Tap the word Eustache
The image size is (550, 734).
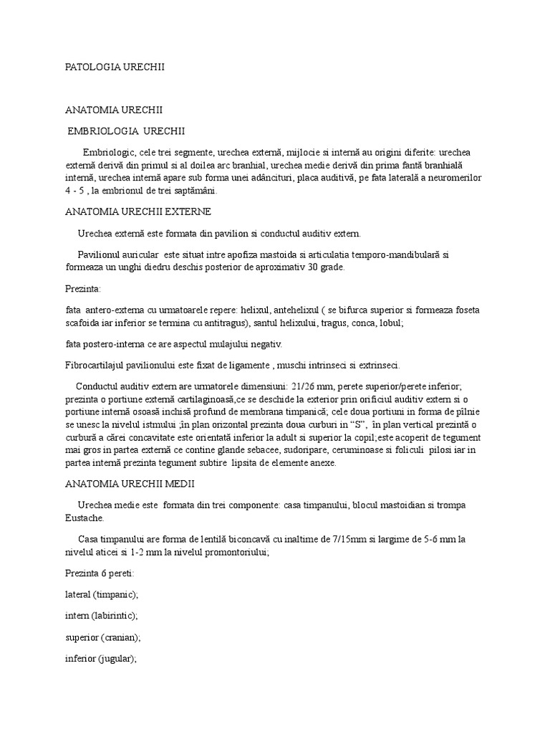click(84, 518)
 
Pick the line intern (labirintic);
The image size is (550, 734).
click(101, 616)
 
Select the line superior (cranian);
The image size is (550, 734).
click(104, 637)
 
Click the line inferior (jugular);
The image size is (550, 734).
click(100, 659)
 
